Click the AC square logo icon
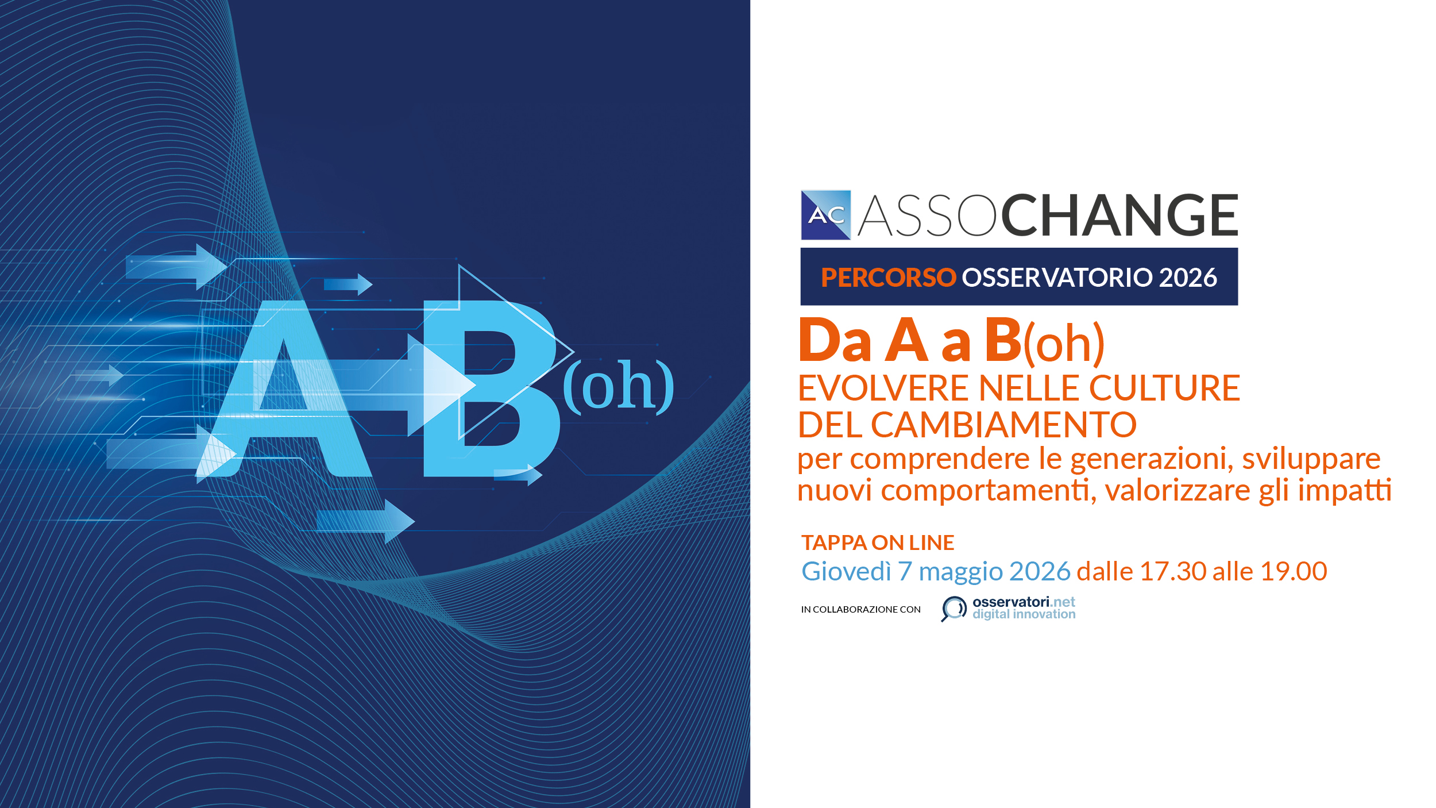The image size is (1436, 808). (x=825, y=215)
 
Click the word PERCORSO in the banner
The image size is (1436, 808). (x=888, y=278)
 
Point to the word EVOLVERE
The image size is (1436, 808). (x=884, y=388)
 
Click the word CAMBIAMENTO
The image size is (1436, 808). (x=1003, y=425)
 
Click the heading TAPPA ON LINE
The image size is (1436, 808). (x=878, y=542)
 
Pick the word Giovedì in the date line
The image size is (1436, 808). (x=846, y=571)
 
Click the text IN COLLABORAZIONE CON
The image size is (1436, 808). (x=860, y=610)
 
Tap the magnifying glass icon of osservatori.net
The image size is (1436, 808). (x=954, y=607)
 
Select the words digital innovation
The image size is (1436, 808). (x=1024, y=614)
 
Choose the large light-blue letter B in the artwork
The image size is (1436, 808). (x=492, y=388)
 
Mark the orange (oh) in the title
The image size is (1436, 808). (x=1064, y=344)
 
